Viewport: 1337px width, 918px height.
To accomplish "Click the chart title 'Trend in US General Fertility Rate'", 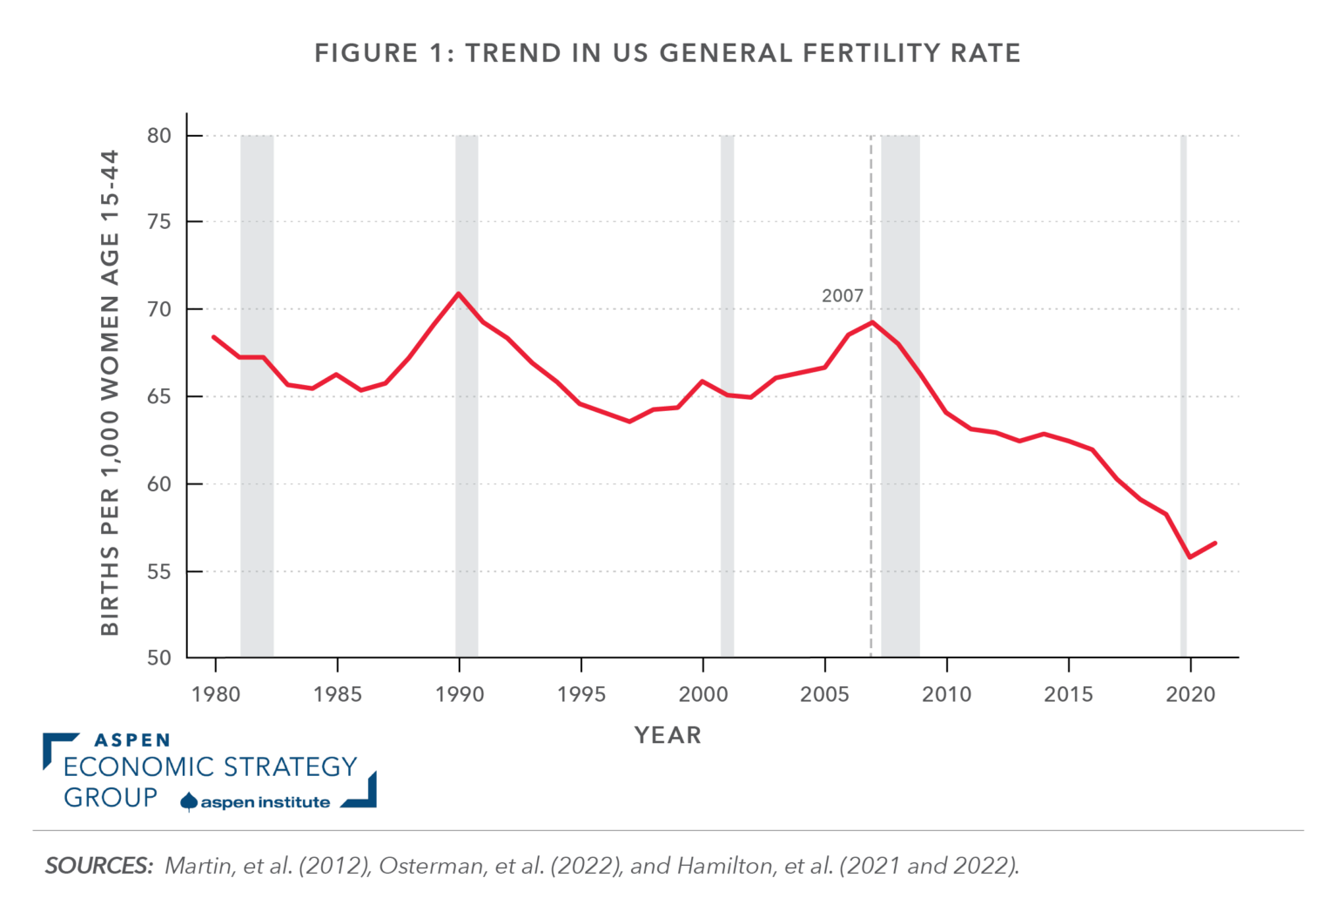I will [668, 54].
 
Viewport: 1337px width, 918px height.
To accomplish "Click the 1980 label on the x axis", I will [215, 694].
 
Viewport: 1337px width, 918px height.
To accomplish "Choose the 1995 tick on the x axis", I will [581, 694].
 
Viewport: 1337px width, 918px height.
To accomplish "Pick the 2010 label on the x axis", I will [946, 694].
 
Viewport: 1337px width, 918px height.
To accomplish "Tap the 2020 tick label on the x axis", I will [1190, 694].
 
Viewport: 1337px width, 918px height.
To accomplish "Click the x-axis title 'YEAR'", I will [668, 735].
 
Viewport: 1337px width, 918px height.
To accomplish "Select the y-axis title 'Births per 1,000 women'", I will [111, 392].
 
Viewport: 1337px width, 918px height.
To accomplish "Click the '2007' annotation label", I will [842, 296].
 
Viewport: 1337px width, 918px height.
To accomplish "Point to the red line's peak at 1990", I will [458, 294].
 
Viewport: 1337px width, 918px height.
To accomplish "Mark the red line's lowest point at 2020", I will [1190, 557].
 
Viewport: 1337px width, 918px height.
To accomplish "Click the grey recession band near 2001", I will [727, 488].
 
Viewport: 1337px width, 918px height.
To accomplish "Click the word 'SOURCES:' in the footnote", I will [98, 867].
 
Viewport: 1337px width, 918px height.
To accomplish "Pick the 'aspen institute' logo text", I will [265, 802].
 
